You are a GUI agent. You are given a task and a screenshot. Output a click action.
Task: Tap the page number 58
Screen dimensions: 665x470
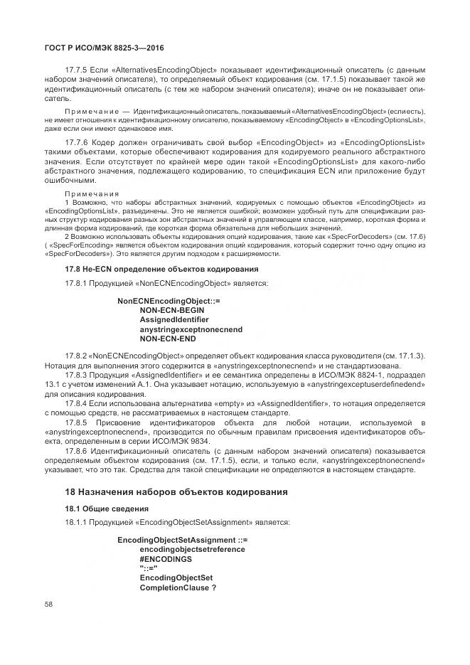click(48, 605)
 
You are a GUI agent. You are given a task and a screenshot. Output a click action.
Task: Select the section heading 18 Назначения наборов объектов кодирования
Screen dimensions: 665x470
click(176, 491)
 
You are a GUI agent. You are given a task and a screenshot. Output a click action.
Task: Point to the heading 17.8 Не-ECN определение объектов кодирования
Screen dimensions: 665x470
click(161, 269)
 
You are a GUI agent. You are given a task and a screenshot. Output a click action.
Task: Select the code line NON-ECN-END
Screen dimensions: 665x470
click(168, 339)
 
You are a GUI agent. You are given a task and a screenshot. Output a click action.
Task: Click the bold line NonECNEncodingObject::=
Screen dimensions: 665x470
click(169, 302)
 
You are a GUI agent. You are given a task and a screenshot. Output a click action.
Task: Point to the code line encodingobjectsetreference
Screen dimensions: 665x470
click(193, 550)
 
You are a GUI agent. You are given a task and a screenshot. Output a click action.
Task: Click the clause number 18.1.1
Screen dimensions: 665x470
click(75, 523)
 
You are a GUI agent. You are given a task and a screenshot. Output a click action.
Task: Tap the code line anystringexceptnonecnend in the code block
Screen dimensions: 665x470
click(191, 329)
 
